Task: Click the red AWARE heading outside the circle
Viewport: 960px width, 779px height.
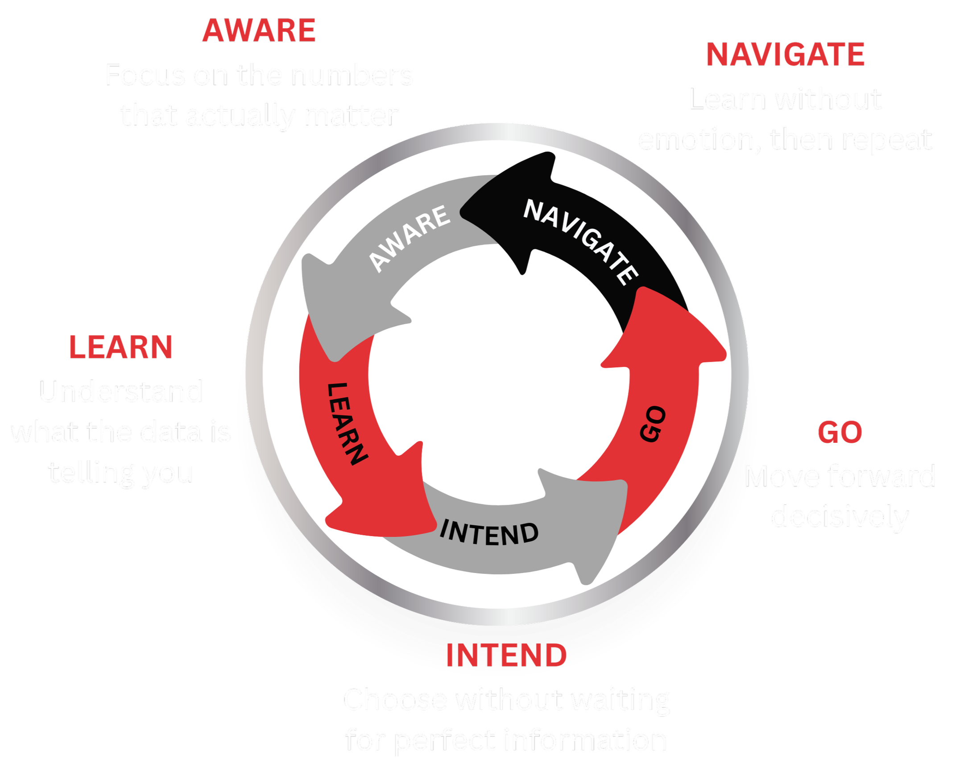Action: pyautogui.click(x=259, y=31)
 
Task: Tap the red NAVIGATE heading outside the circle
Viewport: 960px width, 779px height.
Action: pyautogui.click(x=785, y=55)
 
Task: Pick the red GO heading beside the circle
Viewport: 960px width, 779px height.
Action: pyautogui.click(x=840, y=433)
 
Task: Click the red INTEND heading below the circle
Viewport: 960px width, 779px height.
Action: pyautogui.click(x=506, y=655)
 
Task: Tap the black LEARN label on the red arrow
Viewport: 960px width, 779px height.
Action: pyautogui.click(x=347, y=423)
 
